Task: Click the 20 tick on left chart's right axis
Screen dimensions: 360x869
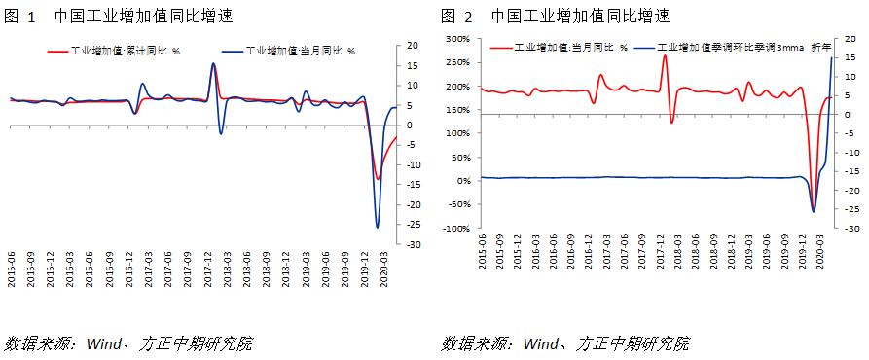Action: click(x=413, y=46)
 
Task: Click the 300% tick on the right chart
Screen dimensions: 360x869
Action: click(x=458, y=40)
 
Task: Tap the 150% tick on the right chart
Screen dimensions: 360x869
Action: click(x=458, y=134)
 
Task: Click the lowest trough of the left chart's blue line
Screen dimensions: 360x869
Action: click(x=378, y=228)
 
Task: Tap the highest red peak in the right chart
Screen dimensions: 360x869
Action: click(x=665, y=55)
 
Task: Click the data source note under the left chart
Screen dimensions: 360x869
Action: click(x=128, y=343)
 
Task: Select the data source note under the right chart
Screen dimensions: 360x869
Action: click(x=565, y=343)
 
